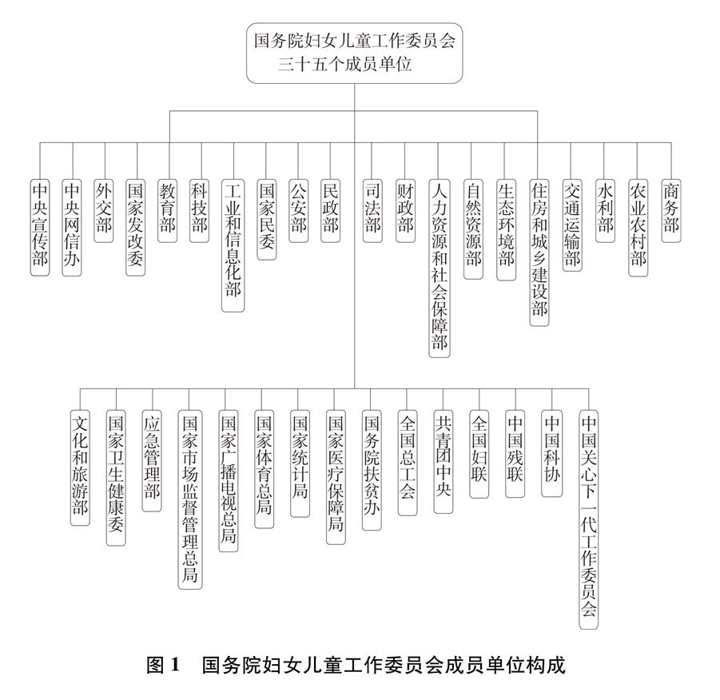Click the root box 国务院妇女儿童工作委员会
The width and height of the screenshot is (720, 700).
[x=354, y=54]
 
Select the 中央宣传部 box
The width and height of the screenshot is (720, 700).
[x=40, y=228]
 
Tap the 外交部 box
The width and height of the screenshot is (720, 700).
[x=103, y=211]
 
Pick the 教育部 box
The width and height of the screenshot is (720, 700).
[x=167, y=211]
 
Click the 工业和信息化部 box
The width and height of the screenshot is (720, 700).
[x=233, y=246]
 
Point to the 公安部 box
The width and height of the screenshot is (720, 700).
[x=298, y=211]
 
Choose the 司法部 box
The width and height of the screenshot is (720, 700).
[x=372, y=211]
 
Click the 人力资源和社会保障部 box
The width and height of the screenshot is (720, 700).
[x=440, y=268]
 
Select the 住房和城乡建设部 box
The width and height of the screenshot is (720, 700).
[x=539, y=253]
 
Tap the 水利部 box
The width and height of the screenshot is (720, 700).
[x=605, y=211]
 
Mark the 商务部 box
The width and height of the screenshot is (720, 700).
[x=671, y=211]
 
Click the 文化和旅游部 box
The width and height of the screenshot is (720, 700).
[x=80, y=467]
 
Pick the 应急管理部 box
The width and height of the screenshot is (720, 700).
[x=152, y=461]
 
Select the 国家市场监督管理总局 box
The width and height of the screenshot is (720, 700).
[x=190, y=499]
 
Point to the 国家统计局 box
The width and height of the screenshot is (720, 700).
[x=300, y=463]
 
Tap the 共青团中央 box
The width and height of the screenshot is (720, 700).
[x=444, y=462]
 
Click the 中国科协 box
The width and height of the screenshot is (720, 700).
[x=551, y=454]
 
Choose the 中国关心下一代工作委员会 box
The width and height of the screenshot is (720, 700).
[x=589, y=519]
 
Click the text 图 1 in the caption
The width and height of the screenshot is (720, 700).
[x=162, y=665]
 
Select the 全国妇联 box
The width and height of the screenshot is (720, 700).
[x=479, y=454]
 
